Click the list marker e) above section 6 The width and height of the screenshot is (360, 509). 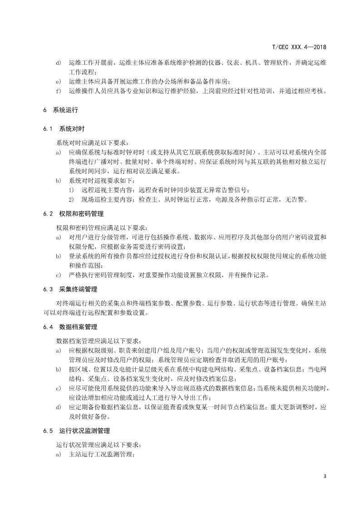58,82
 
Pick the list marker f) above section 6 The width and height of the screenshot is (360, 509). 58,91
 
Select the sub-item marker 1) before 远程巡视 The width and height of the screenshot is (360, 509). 71,190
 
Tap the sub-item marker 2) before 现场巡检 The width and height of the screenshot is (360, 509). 71,200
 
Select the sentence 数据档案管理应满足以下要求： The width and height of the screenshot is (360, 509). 99,340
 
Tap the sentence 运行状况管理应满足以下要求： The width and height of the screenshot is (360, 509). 99,444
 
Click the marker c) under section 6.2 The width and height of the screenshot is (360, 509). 58,274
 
